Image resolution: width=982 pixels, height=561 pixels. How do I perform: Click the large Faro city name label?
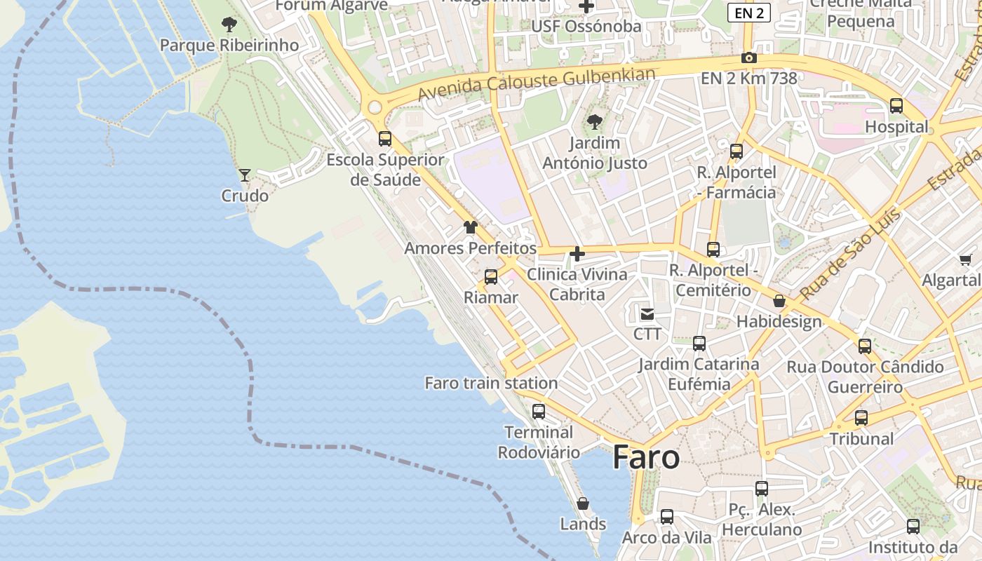[646, 458]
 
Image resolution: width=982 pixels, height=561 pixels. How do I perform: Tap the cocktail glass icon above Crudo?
[245, 175]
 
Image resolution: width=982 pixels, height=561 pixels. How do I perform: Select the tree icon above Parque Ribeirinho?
[229, 25]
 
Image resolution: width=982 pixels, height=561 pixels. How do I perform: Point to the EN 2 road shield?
[749, 12]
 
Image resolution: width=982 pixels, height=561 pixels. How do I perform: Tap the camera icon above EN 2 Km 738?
[749, 58]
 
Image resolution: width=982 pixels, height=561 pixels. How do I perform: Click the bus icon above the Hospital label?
[896, 106]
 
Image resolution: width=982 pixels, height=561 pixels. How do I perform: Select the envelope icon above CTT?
[647, 313]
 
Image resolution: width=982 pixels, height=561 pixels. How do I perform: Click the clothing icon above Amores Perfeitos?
[470, 227]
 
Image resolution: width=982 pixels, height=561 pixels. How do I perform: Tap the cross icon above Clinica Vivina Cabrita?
[577, 253]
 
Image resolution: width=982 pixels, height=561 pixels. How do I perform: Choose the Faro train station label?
[491, 383]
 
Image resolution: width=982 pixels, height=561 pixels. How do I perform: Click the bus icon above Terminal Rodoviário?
[539, 412]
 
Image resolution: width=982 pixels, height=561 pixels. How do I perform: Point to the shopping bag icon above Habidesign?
[779, 302]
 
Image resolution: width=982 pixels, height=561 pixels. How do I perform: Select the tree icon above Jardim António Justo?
[595, 122]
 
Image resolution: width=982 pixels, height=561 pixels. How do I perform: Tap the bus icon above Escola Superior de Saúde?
[385, 138]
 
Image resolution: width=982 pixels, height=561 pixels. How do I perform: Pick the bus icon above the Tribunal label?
[861, 418]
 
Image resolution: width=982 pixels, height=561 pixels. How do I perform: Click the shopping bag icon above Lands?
[582, 503]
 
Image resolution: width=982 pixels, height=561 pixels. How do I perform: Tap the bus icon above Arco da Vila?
[667, 517]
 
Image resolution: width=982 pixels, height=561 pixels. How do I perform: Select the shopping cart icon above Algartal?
[966, 260]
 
